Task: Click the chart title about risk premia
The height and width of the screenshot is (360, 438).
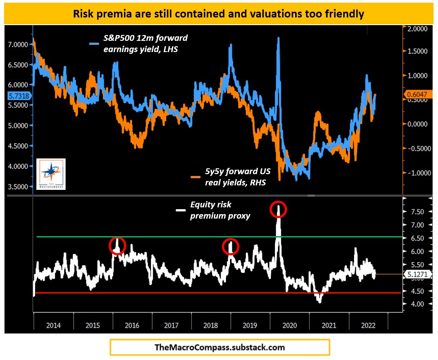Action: tap(218, 13)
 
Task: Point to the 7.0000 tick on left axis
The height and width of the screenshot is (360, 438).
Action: tap(17, 44)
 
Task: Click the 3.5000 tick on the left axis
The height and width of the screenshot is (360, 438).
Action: tap(17, 186)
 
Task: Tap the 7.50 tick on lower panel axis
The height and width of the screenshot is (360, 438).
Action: tap(414, 212)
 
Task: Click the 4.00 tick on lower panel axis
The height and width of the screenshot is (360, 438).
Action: tap(414, 304)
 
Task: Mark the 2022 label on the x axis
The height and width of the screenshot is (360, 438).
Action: tap(369, 325)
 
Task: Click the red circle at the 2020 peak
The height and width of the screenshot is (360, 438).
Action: tap(278, 210)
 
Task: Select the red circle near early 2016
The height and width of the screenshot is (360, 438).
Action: tap(117, 246)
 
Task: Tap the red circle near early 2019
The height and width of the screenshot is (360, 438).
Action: tap(231, 246)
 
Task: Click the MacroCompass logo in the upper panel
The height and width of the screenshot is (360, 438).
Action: tap(51, 174)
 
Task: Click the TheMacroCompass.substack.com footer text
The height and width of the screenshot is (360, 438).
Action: tap(220, 347)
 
